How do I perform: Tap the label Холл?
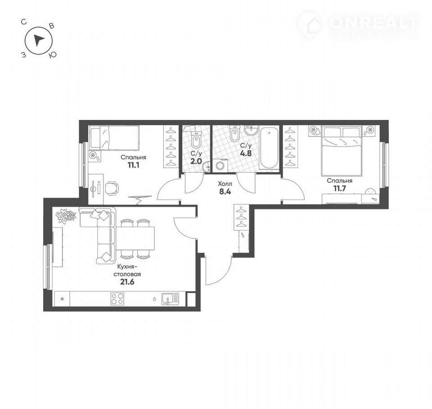click(x=225, y=183)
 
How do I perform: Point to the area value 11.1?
click(x=133, y=165)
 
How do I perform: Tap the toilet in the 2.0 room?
click(x=196, y=139)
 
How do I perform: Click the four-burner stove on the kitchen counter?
click(x=117, y=299)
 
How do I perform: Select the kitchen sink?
click(x=170, y=299)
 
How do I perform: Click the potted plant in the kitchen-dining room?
click(x=66, y=215)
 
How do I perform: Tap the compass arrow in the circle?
click(x=38, y=41)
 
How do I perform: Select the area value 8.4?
click(x=225, y=191)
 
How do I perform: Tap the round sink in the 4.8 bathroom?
click(x=251, y=130)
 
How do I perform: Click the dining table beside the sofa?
click(x=136, y=238)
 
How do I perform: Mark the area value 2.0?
click(x=196, y=161)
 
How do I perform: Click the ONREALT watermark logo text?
click(x=373, y=22)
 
